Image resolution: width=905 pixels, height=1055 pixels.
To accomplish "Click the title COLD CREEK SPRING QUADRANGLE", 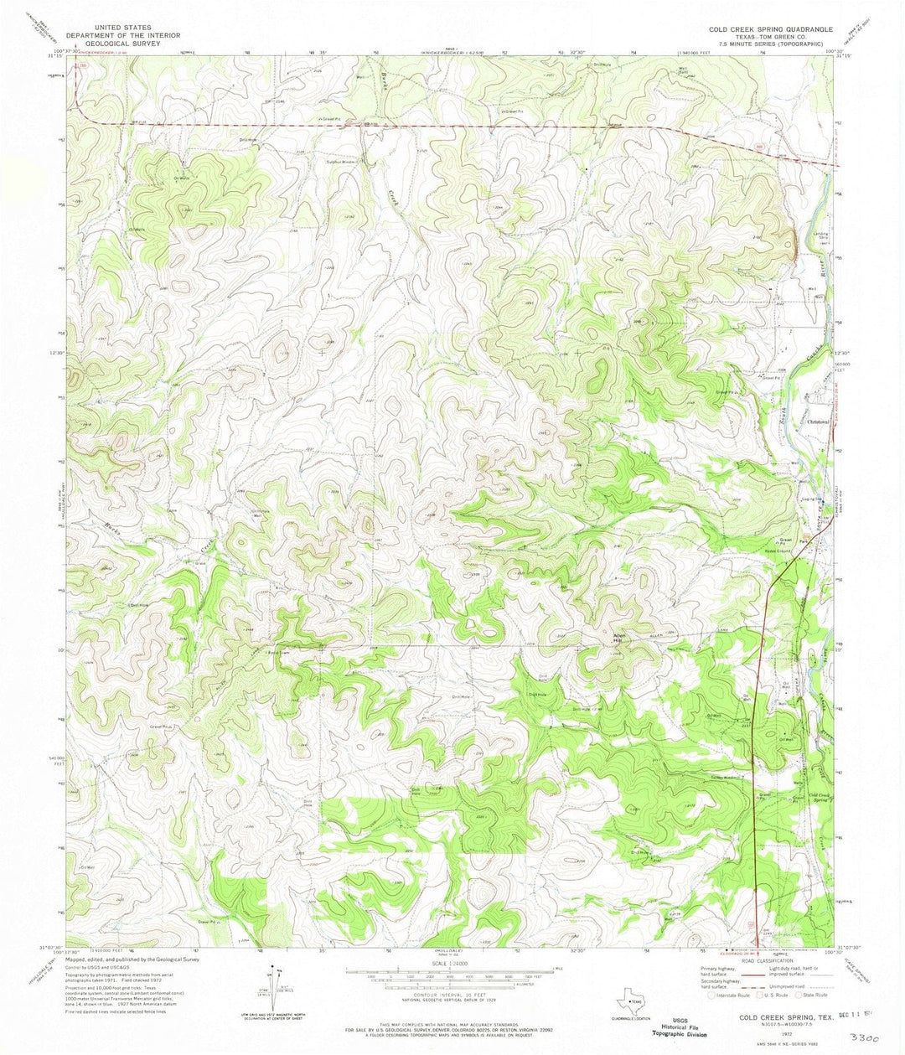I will pyautogui.click(x=770, y=28).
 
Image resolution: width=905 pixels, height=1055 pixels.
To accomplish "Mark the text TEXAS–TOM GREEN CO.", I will pyautogui.click(x=770, y=37).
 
